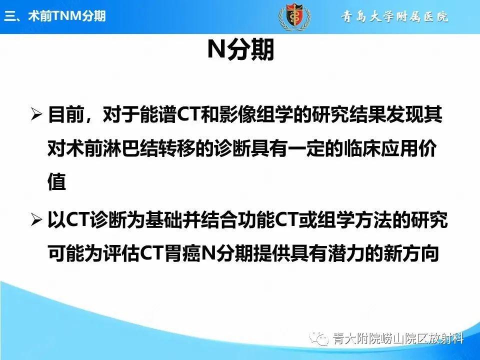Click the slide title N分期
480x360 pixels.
pos(240,50)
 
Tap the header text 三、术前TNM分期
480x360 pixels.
pos(54,16)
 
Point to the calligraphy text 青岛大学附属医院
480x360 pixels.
pos(395,17)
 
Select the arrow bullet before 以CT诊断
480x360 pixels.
pos(37,220)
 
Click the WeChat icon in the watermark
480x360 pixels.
pos(319,339)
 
